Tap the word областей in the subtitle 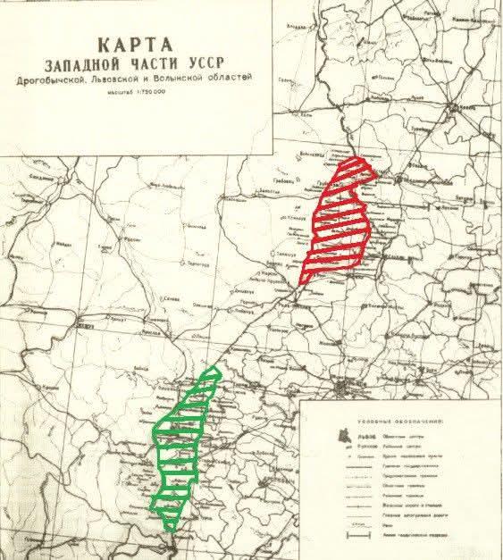pyautogui.click(x=235, y=80)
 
